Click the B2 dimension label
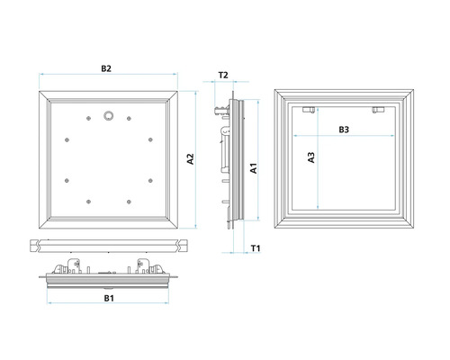point(106,68)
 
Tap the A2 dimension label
point(191,159)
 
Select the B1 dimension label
point(109,298)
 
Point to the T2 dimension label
point(223,75)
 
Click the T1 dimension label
point(256,248)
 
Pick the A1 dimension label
point(254,168)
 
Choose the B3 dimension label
point(344,130)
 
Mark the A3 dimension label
point(311,157)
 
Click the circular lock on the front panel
point(109,115)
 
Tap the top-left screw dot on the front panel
point(88,119)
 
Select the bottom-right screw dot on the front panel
point(129,202)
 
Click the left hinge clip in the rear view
point(309,110)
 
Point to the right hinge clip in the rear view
point(378,110)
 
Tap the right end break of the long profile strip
point(183,246)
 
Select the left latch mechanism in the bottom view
point(67,266)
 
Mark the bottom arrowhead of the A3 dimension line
point(318,207)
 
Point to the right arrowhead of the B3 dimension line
point(392,136)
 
